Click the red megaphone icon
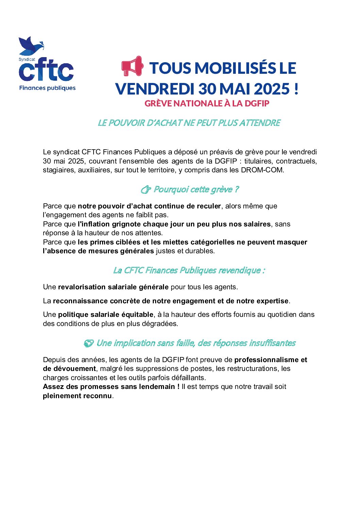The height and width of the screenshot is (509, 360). click(132, 66)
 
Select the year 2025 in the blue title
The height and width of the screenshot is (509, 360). click(272, 89)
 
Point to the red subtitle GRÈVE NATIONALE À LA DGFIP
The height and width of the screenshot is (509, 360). click(207, 103)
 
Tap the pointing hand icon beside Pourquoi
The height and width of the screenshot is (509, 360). click(146, 189)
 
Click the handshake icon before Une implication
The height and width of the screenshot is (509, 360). click(88, 343)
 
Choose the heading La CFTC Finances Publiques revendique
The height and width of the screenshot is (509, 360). click(189, 270)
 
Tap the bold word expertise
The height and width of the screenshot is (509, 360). click(272, 301)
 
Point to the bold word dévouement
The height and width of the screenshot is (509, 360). click(75, 369)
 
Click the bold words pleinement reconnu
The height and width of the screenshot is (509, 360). click(77, 396)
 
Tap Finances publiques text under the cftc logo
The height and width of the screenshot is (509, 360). click(47, 88)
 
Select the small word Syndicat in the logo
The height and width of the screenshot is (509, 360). click(27, 59)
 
